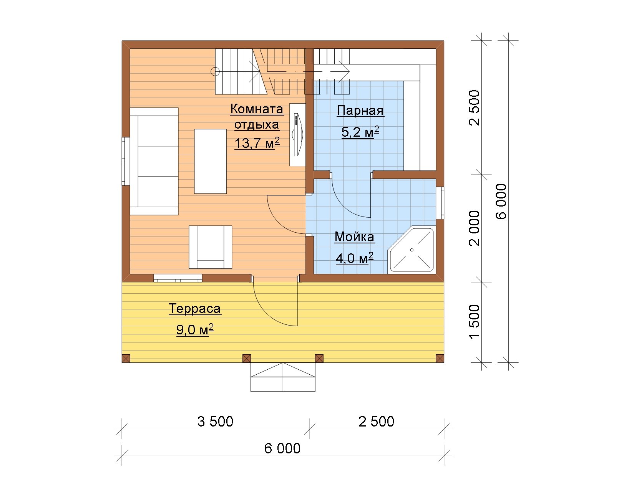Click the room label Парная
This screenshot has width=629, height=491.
(x=360, y=111)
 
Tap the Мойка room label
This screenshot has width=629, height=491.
(x=355, y=237)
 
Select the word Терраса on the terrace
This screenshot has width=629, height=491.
(x=195, y=309)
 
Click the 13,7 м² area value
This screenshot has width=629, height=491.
(x=257, y=143)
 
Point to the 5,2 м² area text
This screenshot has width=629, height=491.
(x=360, y=132)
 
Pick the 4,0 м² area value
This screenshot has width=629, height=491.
(x=355, y=258)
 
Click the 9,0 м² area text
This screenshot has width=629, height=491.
(x=195, y=330)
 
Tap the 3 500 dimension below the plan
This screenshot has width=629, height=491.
(x=215, y=422)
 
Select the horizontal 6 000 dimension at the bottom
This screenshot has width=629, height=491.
(x=282, y=448)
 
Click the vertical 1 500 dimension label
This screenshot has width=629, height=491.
(x=475, y=321)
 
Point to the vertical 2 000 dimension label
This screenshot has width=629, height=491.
(x=475, y=228)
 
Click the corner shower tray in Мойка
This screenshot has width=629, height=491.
(x=412, y=250)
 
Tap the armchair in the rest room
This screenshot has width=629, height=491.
(x=211, y=247)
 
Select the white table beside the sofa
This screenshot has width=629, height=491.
(x=211, y=161)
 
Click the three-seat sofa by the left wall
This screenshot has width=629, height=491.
(x=154, y=161)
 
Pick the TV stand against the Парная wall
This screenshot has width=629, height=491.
(x=297, y=135)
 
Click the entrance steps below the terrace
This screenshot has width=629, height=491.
(x=283, y=377)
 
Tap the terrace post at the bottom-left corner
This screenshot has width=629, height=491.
(x=126, y=359)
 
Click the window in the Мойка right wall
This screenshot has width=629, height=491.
(x=440, y=203)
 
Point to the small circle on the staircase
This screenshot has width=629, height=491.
(x=215, y=71)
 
